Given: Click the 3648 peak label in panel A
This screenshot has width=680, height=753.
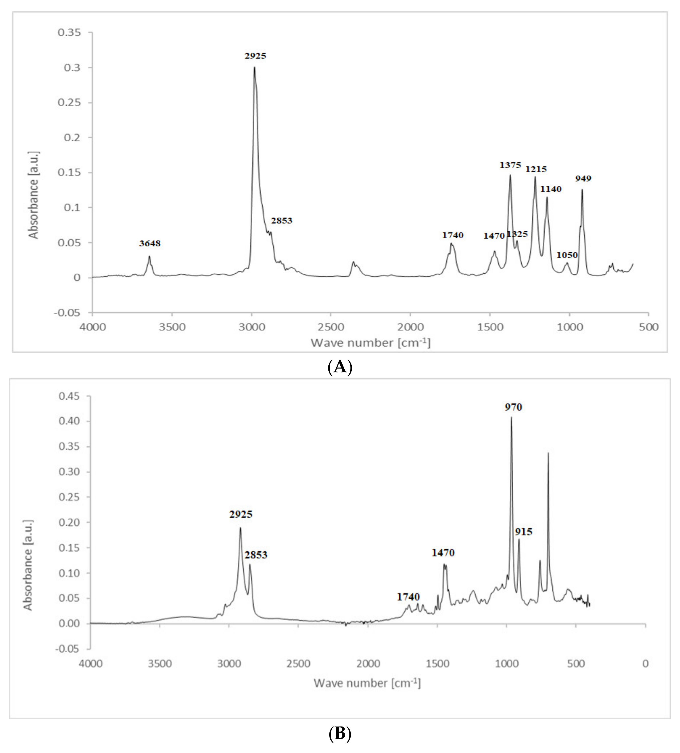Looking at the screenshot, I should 150,243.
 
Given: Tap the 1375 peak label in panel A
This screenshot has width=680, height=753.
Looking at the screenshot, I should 510,165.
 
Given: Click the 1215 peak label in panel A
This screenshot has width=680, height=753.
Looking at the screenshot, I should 536,169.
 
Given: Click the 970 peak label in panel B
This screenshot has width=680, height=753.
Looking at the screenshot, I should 513,407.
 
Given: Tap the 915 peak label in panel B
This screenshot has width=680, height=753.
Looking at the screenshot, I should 523,532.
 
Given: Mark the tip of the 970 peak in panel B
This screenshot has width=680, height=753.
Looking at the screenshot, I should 512,417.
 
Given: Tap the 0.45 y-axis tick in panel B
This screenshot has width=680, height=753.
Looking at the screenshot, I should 69,396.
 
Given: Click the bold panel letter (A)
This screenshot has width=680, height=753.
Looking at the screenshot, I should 340,367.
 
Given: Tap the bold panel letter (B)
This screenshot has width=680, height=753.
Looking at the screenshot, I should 340,733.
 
